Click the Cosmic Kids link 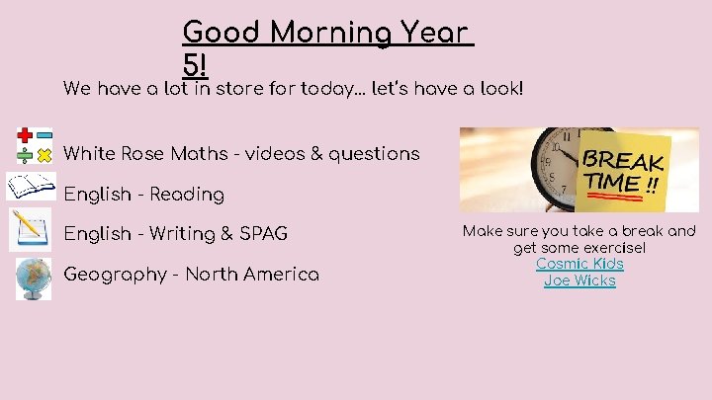click(x=579, y=264)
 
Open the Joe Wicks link click(x=579, y=280)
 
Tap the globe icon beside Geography click(x=33, y=278)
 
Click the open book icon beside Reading click(x=31, y=186)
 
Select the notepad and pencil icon click(x=31, y=230)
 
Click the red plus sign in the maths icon click(x=24, y=135)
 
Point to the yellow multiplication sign click(x=44, y=156)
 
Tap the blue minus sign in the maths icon click(x=44, y=135)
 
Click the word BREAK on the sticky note click(x=623, y=160)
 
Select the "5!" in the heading click(x=196, y=64)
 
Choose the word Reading click(x=187, y=195)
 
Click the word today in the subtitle click(x=332, y=90)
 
